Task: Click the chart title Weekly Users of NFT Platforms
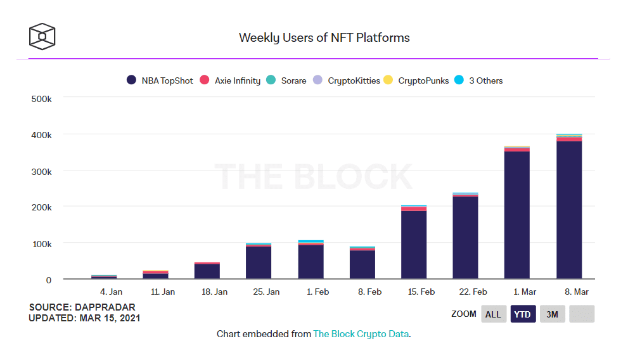(324, 37)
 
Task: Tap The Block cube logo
(42, 36)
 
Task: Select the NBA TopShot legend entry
(160, 80)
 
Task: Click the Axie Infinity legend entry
(230, 80)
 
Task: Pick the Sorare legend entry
(286, 80)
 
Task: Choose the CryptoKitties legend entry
(347, 80)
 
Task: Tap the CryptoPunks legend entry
(416, 80)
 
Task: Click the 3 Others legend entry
(478, 80)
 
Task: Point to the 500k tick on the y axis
(42, 99)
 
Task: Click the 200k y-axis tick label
(42, 207)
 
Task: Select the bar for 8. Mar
(569, 206)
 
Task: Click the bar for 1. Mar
(517, 212)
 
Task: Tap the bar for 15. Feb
(414, 242)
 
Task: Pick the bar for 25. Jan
(259, 261)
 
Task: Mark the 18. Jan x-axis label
(214, 292)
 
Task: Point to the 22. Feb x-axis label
(473, 292)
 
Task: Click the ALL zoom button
(494, 314)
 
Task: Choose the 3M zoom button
(553, 314)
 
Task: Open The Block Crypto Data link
(361, 334)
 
